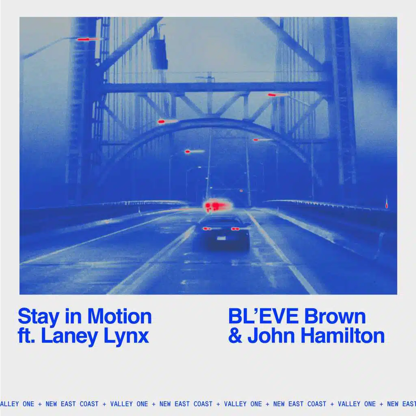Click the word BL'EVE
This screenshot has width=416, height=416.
coord(264,316)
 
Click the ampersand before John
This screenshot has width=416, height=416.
coord(235,336)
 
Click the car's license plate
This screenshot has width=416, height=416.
coord(221,238)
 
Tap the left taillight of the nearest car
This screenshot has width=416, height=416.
coord(207,229)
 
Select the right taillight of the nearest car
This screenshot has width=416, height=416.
coord(235,229)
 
